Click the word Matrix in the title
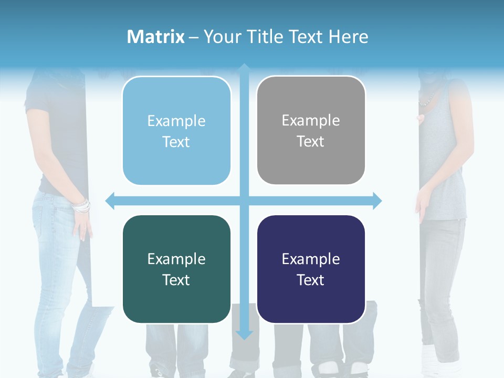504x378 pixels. click(x=156, y=37)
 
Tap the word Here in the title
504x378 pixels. click(x=348, y=37)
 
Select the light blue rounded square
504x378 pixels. click(x=176, y=131)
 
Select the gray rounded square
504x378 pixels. click(x=311, y=131)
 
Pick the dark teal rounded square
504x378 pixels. click(x=176, y=269)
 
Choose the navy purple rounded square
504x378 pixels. click(x=311, y=269)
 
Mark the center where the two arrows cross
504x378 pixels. click(x=244, y=201)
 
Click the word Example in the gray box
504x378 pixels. click(x=311, y=121)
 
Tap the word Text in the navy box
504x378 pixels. click(x=311, y=280)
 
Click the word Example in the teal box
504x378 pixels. click(x=176, y=259)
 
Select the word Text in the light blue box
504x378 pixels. click(x=176, y=142)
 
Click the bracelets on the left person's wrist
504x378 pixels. click(x=82, y=206)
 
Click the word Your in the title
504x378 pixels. click(x=221, y=37)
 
